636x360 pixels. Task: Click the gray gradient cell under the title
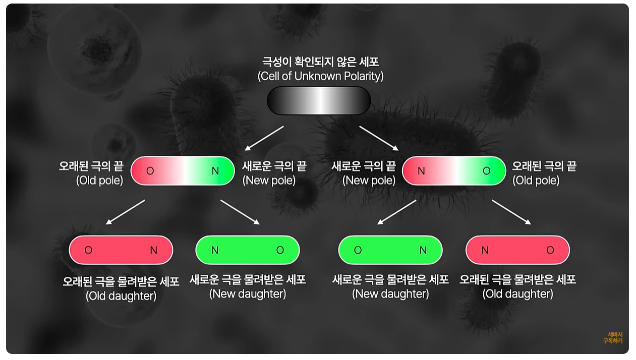319,100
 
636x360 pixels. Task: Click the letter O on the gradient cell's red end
150,171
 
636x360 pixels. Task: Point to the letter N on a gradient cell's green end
215,171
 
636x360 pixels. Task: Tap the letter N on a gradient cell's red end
421,171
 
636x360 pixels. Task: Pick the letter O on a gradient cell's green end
486,171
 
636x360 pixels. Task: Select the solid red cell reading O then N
121,250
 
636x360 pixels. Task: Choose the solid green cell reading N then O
247,250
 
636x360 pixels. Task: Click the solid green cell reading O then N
390,250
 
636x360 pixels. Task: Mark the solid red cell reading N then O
517,250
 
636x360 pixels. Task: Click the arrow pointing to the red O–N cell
125,212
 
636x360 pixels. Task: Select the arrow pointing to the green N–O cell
240,212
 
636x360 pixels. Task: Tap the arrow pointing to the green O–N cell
397,212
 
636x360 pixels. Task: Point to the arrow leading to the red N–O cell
511,212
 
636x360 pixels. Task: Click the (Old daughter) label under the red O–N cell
121,296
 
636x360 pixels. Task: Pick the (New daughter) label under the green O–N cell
390,294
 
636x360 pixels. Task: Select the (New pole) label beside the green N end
269,181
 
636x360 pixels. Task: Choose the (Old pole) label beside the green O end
536,181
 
